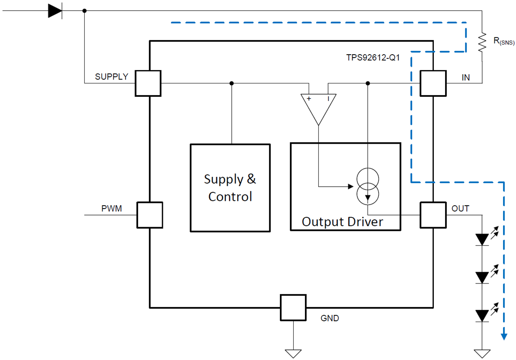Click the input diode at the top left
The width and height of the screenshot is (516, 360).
55,11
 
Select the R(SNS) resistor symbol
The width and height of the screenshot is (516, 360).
482,42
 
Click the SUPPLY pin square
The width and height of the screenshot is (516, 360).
148,83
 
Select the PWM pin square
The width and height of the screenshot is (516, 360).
150,214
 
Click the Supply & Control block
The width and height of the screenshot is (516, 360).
230,188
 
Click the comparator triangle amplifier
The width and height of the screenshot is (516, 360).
318,108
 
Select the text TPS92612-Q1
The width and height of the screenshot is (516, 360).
373,58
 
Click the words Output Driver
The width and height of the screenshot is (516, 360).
342,222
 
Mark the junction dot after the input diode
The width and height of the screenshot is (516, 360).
84,11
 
